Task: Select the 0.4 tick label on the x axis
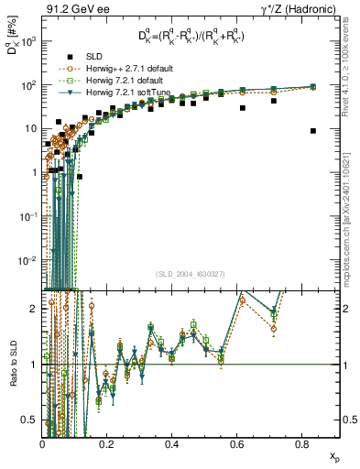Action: tap(172, 444)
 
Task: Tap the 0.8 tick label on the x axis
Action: tap(301, 444)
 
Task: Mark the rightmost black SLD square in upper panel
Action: tap(313, 131)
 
